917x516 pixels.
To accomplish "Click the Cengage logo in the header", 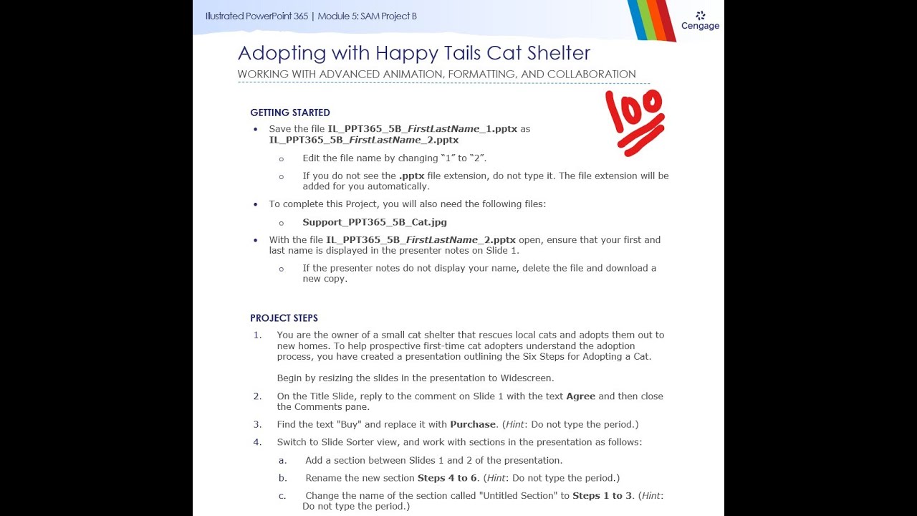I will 700,21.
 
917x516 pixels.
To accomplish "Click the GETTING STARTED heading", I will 290,113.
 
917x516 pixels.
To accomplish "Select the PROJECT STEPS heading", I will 284,318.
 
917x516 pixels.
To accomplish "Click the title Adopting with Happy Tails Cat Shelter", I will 414,53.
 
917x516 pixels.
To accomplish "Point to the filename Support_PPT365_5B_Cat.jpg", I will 375,222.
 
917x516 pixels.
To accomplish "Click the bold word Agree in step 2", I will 580,396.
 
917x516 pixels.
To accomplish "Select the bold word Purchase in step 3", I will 473,424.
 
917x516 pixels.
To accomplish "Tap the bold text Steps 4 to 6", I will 447,478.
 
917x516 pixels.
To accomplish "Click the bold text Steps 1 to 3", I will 602,496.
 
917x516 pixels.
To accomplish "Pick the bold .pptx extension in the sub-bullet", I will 412,176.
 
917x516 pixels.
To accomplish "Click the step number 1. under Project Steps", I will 257,335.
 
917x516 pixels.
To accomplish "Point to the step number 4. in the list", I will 257,442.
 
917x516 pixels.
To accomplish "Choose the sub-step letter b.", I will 283,478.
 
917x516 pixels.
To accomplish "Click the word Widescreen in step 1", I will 527,378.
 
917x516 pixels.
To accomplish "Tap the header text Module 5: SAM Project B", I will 367,16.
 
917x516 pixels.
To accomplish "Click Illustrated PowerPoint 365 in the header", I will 256,16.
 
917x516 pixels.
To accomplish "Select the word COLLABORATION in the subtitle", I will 591,75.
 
